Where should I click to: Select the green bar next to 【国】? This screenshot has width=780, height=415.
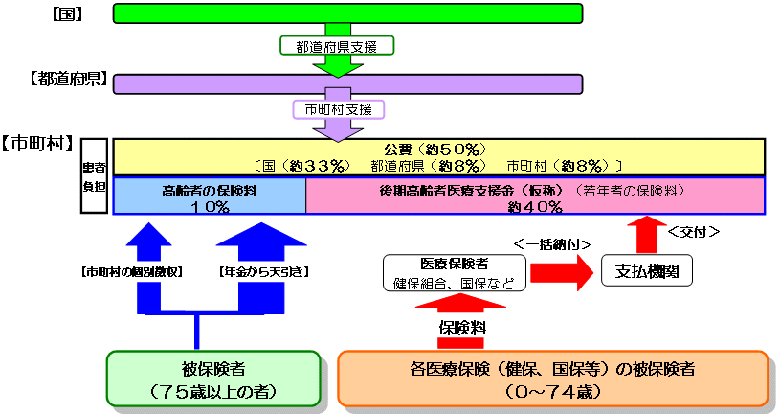pyautogui.click(x=347, y=12)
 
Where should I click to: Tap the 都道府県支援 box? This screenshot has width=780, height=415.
pyautogui.click(x=337, y=45)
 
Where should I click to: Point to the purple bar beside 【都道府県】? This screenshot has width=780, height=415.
pyautogui.click(x=347, y=84)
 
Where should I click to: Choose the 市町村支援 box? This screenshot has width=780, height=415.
pyautogui.click(x=337, y=109)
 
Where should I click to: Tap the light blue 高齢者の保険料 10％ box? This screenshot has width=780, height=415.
pyautogui.click(x=210, y=196)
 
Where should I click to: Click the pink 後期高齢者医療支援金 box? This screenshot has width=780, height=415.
pyautogui.click(x=535, y=196)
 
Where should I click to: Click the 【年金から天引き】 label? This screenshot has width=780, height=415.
pyautogui.click(x=263, y=272)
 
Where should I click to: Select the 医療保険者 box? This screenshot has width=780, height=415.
pyautogui.click(x=454, y=272)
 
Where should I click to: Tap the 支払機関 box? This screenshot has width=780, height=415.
pyautogui.click(x=646, y=271)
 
